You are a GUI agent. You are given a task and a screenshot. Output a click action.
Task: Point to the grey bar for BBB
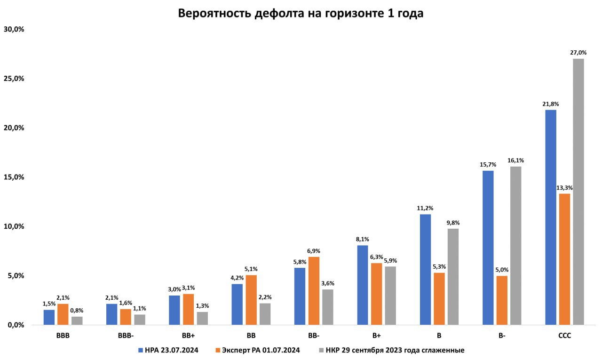[77, 320]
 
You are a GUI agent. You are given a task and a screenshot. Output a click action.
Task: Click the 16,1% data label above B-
[516, 160]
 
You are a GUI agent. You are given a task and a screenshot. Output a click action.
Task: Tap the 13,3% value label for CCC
[564, 188]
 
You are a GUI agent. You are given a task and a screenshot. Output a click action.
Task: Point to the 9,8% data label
[453, 223]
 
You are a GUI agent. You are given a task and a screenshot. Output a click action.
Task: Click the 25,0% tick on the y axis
[14, 78]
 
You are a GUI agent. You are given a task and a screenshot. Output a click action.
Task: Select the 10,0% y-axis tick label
[14, 226]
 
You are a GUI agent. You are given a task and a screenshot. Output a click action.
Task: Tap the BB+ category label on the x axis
[188, 336]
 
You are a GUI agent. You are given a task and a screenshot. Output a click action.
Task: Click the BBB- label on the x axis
[126, 336]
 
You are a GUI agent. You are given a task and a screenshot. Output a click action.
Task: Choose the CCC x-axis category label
[564, 336]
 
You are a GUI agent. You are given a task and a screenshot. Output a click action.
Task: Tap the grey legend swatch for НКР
[321, 351]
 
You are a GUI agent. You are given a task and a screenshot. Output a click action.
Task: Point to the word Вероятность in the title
[215, 13]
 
